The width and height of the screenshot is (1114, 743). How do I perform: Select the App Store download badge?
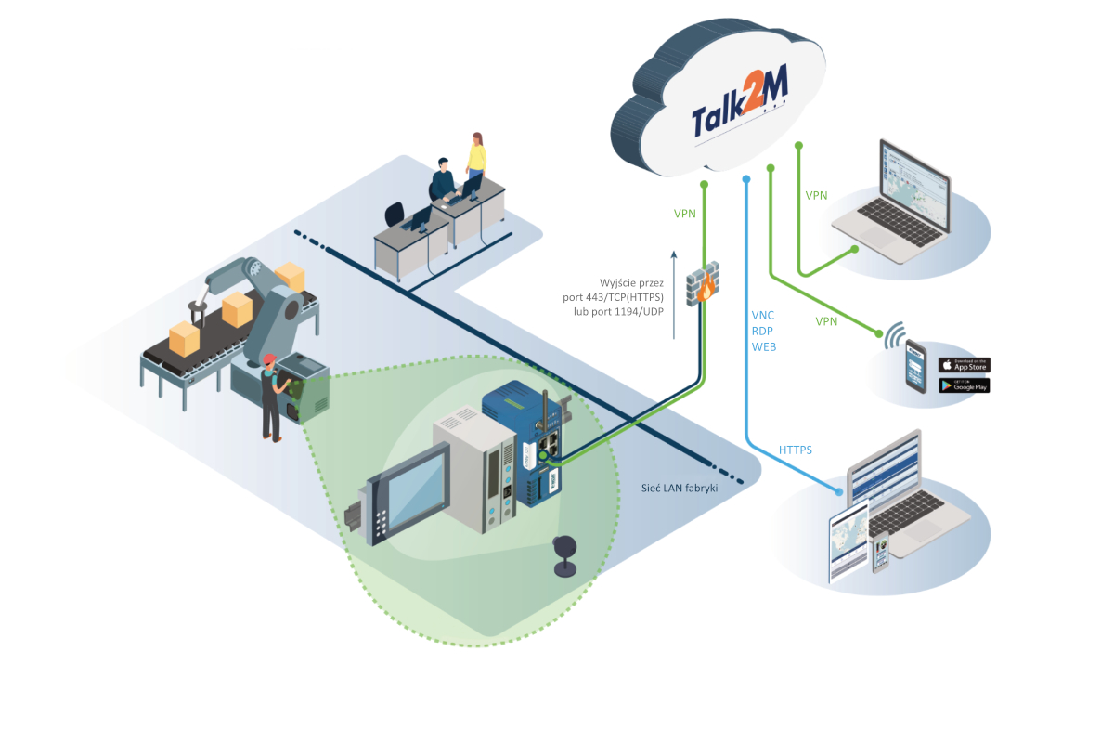[x=964, y=365]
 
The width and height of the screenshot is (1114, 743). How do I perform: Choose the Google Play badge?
[x=964, y=385]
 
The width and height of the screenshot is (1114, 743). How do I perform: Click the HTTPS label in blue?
[x=796, y=450]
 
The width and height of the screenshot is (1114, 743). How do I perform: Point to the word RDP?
[x=763, y=332]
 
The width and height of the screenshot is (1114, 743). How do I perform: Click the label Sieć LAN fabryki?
[x=680, y=488]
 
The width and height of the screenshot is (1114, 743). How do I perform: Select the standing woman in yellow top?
[x=476, y=160]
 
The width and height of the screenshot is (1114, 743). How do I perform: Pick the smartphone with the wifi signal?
[x=915, y=366]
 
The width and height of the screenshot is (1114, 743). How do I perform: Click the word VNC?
[x=763, y=316]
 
